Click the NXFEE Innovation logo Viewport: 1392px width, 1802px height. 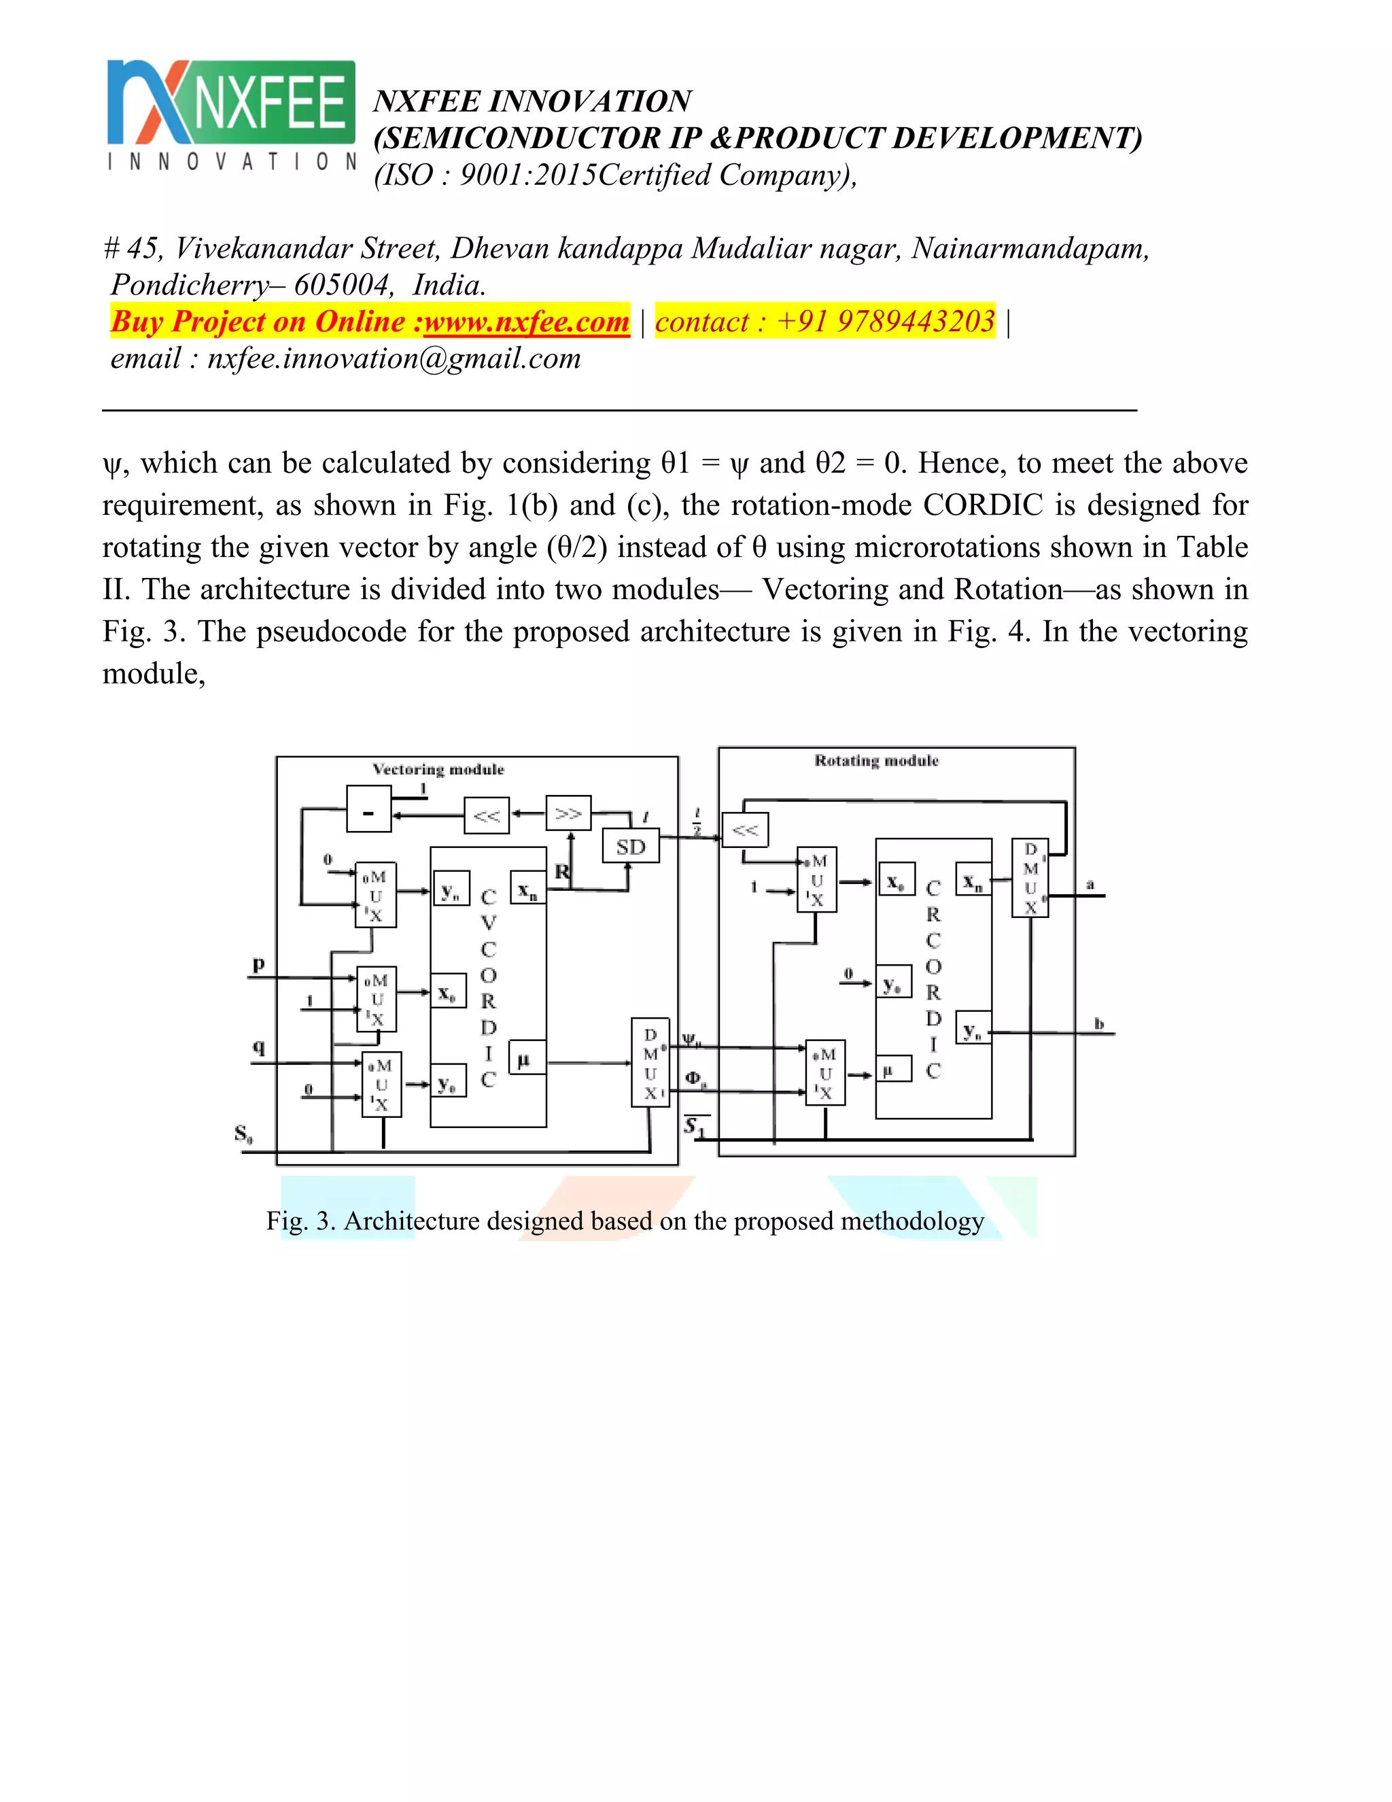[231, 115]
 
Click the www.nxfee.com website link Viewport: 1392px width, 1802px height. [526, 321]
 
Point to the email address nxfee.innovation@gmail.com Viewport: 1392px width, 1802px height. [394, 358]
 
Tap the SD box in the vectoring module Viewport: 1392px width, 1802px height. [631, 847]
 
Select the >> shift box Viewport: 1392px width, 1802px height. [568, 813]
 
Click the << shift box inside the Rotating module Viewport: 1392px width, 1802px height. [745, 830]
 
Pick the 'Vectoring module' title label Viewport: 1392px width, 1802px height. [438, 769]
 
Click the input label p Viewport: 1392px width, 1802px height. [258, 963]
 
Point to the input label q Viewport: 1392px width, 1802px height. [258, 1047]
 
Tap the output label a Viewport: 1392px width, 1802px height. [1090, 885]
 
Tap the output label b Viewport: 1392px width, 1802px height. [1098, 1023]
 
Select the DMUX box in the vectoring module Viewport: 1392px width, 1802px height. [650, 1063]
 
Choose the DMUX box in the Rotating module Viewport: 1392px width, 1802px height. [1030, 878]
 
